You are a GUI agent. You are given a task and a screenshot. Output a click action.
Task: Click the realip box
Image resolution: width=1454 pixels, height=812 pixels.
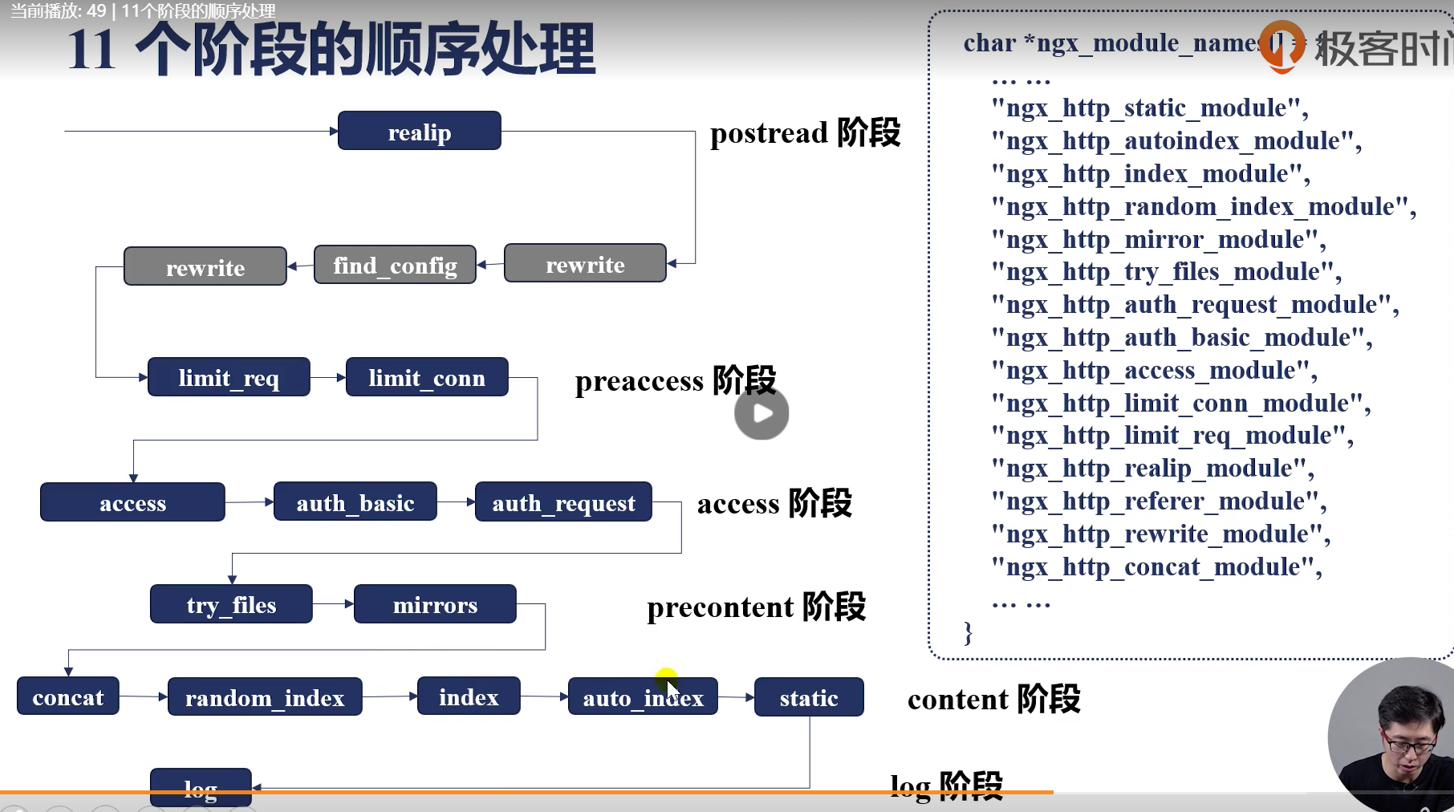[x=419, y=131]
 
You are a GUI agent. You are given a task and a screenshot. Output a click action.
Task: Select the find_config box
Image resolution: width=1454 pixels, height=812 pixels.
[x=395, y=265]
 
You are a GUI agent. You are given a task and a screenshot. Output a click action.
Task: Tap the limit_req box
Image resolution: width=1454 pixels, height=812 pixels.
[x=229, y=377]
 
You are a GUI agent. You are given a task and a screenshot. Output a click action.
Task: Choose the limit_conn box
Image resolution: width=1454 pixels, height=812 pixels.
[x=427, y=377]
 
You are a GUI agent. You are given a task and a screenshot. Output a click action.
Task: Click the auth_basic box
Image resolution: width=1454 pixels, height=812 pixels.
[x=355, y=502]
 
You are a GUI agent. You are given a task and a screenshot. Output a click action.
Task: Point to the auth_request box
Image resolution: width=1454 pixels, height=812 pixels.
[x=563, y=502]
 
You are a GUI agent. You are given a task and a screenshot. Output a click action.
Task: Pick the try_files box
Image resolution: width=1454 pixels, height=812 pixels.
[x=231, y=604]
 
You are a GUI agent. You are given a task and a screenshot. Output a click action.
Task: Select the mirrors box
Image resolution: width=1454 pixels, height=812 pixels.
[x=435, y=604]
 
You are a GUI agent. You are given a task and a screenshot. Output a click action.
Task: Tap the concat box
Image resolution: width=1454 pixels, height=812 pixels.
[x=68, y=696]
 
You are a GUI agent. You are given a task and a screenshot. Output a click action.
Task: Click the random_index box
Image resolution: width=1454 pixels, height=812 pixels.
[x=265, y=697]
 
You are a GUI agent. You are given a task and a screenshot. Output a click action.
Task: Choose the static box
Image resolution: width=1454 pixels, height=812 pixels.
[x=809, y=697]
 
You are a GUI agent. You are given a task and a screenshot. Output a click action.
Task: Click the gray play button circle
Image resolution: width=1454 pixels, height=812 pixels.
[x=762, y=413]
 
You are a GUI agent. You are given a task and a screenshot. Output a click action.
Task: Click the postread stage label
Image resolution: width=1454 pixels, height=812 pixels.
[x=805, y=133]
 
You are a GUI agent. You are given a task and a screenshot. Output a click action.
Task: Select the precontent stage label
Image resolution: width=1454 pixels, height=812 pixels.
[x=756, y=607]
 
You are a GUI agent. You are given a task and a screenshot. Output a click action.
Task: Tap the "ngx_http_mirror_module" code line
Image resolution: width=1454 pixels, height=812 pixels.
[x=1159, y=239]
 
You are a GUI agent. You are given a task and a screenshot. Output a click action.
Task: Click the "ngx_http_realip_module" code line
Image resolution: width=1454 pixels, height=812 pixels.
[x=1153, y=468]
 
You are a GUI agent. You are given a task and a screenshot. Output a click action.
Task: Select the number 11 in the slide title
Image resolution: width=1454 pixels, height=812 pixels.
[x=91, y=50]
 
